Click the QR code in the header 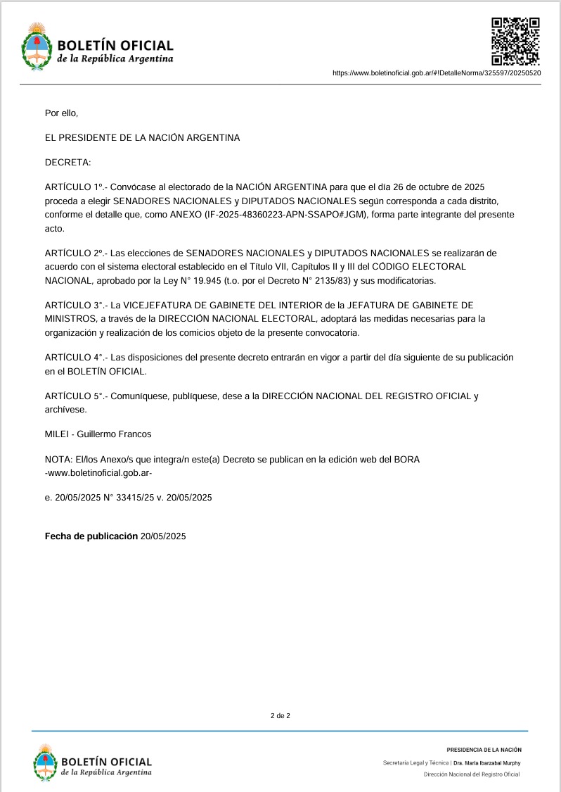click(x=515, y=41)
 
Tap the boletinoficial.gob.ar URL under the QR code click(x=436, y=73)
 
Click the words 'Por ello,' click(x=61, y=113)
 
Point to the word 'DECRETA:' click(x=67, y=163)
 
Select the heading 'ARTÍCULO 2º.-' click(x=74, y=253)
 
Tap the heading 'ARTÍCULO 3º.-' click(x=74, y=305)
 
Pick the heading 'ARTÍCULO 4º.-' click(x=74, y=357)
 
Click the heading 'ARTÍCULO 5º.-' click(x=74, y=396)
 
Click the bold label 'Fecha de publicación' click(x=91, y=536)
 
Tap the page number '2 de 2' click(x=280, y=716)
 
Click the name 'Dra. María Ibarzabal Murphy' click(x=487, y=762)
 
